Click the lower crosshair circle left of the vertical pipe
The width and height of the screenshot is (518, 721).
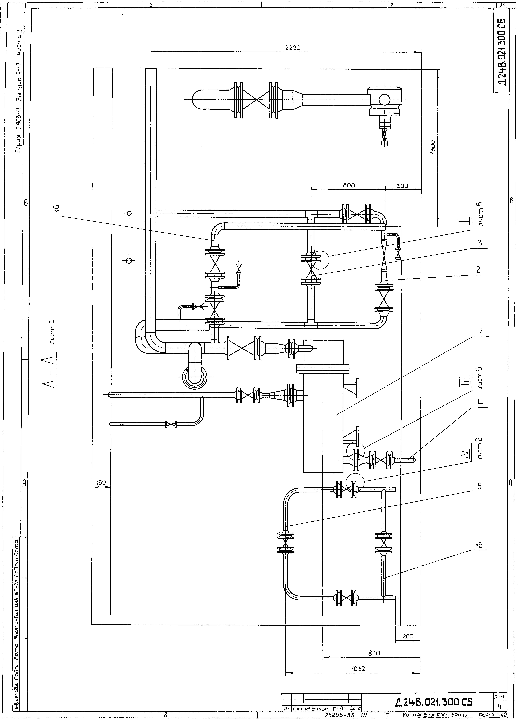tap(129, 261)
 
